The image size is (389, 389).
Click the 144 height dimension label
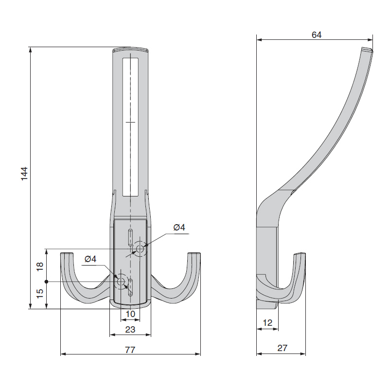[24, 174]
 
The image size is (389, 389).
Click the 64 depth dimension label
[317, 35]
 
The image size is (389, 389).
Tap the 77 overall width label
[130, 350]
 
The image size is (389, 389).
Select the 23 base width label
[130, 330]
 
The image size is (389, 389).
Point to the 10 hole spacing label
[130, 314]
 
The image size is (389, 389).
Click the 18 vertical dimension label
[40, 266]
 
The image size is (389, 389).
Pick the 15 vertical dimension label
[40, 294]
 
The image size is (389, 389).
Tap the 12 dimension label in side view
[267, 323]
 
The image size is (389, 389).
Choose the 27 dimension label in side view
[282, 348]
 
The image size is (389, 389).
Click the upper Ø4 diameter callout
[179, 227]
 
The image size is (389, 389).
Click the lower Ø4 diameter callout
[90, 259]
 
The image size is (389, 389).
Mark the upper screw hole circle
[140, 248]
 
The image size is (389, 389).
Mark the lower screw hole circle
[121, 282]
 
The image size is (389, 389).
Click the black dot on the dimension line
[46, 282]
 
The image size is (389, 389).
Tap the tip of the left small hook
[67, 253]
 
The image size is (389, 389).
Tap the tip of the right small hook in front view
[194, 253]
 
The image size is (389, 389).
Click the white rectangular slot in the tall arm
[130, 127]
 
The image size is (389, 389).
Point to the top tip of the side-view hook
[367, 50]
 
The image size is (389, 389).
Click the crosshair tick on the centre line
[130, 122]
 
